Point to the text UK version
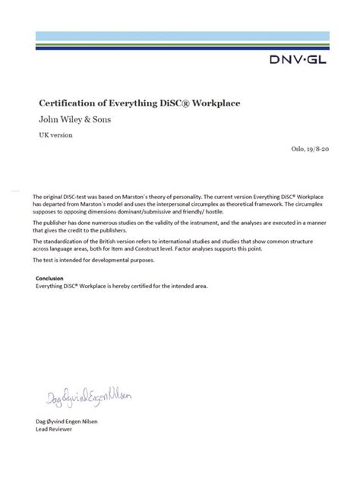click(x=55, y=134)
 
